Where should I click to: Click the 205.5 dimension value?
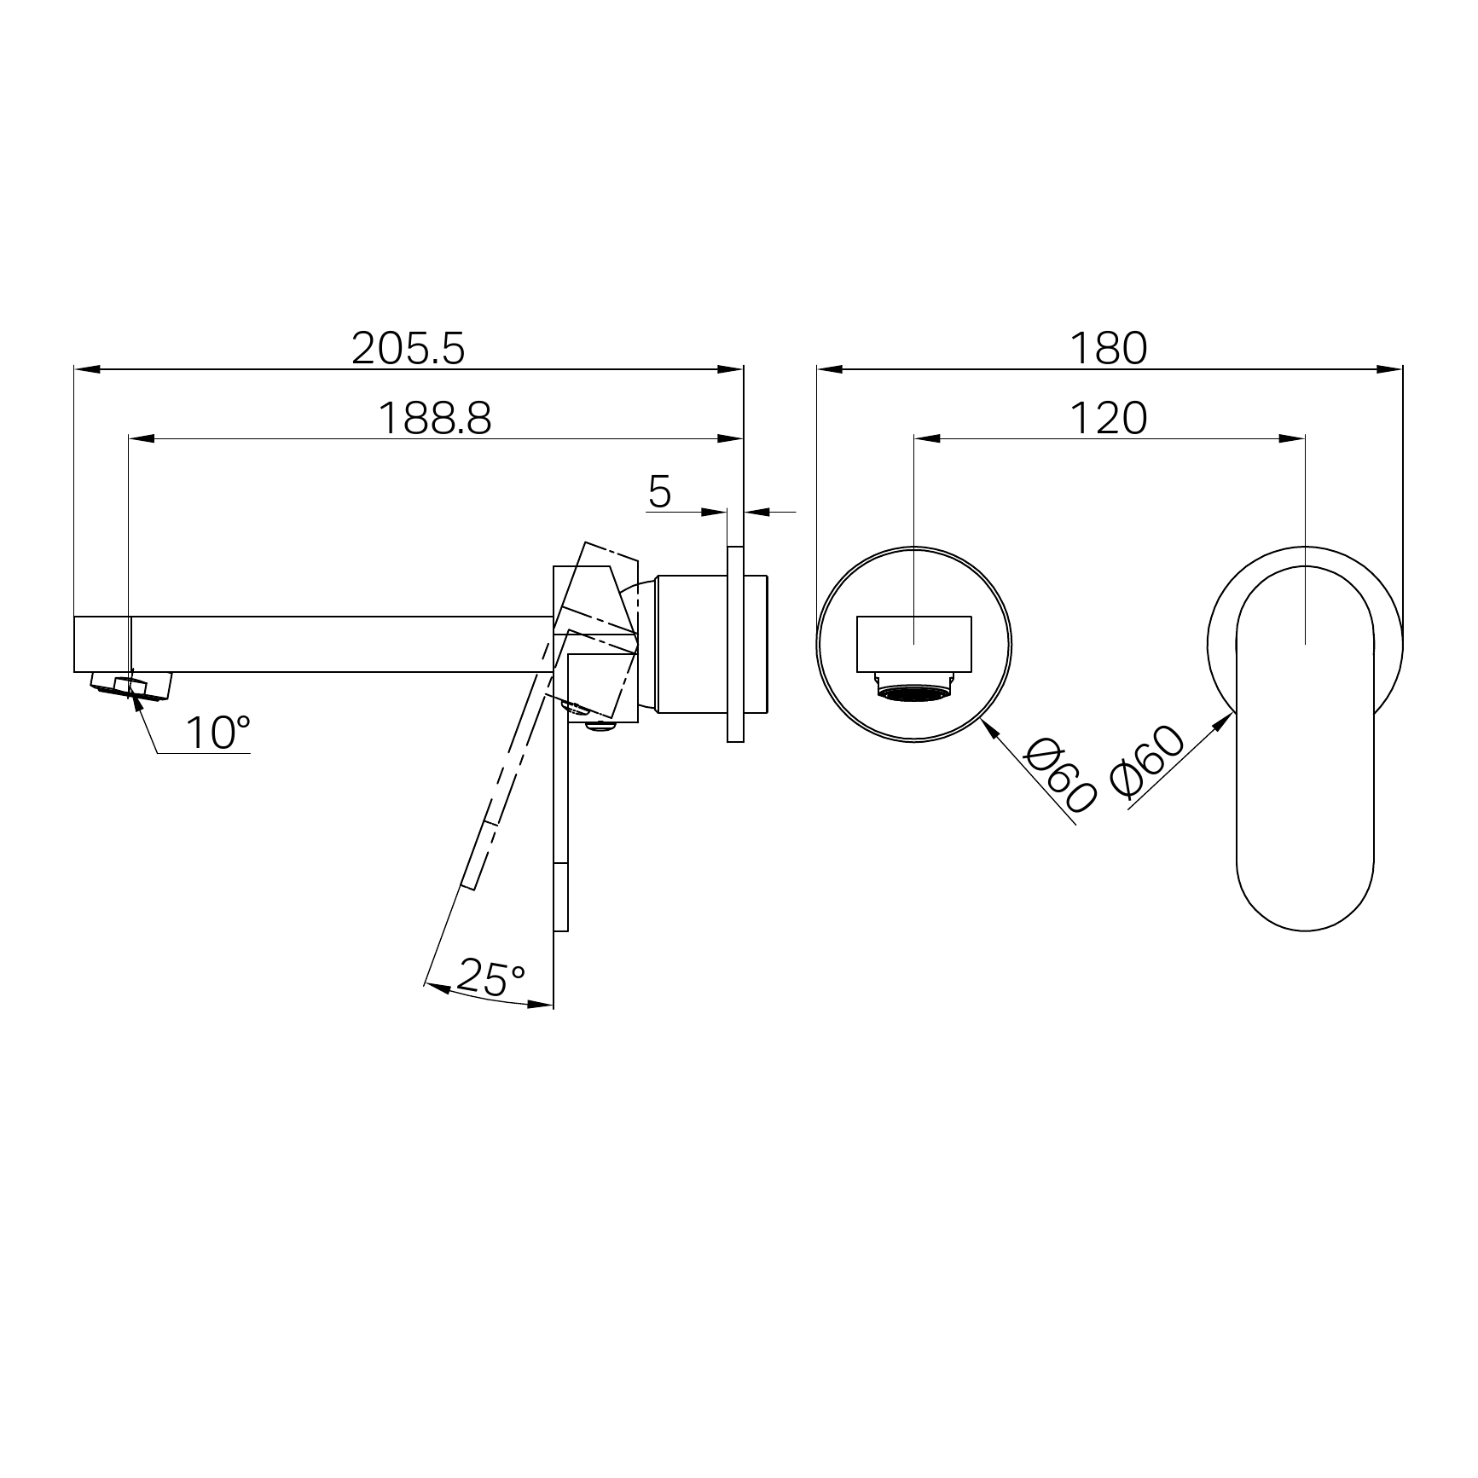point(409,348)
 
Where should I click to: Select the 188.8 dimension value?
point(435,419)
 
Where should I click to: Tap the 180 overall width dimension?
point(1109,348)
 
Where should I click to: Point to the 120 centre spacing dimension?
point(1109,419)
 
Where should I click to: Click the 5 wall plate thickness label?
point(660,491)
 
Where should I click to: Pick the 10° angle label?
point(218,733)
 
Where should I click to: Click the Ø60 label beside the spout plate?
point(1060,775)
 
